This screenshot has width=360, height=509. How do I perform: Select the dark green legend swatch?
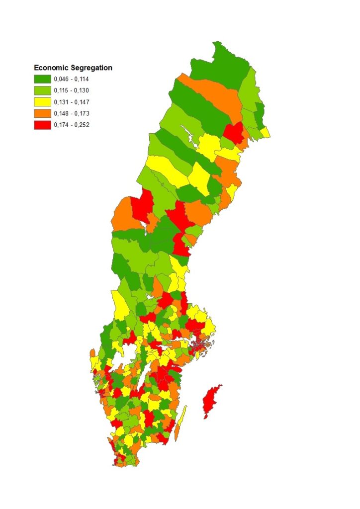[42, 79]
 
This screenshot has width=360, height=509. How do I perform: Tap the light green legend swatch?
[42, 90]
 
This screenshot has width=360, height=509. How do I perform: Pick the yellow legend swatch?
[42, 102]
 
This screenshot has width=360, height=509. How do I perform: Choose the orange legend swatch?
[42, 113]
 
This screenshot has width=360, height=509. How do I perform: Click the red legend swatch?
[42, 125]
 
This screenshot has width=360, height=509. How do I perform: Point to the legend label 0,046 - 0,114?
[72, 79]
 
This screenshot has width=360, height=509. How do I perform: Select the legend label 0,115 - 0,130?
[72, 90]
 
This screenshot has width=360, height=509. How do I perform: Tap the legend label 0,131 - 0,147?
[72, 102]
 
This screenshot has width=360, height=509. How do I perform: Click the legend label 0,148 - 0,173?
[72, 113]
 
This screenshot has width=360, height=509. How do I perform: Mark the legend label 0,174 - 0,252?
[72, 125]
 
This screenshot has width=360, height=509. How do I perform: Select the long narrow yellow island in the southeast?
[182, 418]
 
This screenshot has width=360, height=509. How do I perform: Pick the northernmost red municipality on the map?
[233, 133]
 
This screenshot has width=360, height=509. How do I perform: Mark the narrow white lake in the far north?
[188, 133]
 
